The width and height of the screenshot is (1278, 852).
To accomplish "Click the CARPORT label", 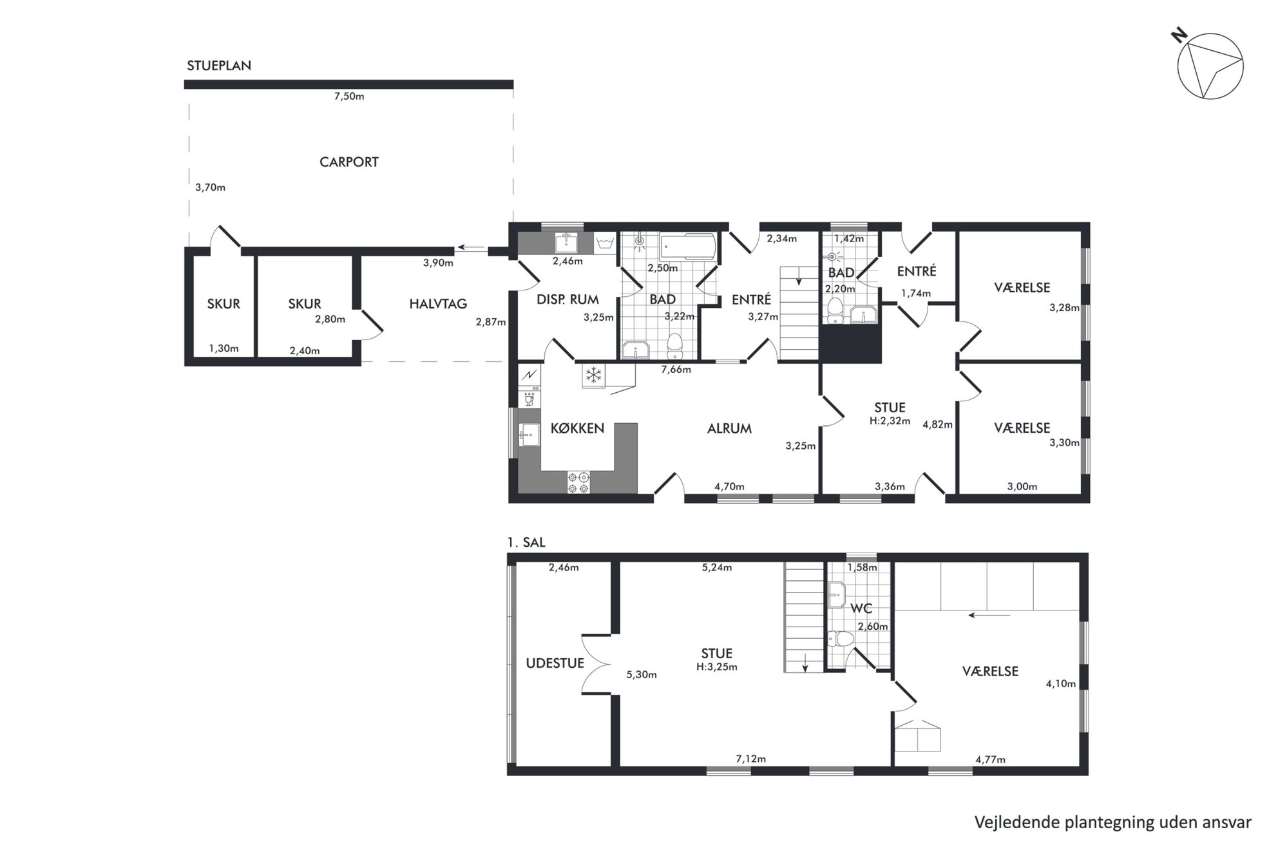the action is click(x=348, y=162).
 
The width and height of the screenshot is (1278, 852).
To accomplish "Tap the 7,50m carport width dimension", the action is click(x=349, y=97).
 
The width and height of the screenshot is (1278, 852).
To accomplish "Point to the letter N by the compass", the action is click(x=1179, y=35).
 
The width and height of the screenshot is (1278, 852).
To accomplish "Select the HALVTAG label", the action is click(x=438, y=304).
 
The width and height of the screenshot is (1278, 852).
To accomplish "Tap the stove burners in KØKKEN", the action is click(x=578, y=483).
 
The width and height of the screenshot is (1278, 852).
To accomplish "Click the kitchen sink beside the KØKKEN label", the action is click(x=529, y=435).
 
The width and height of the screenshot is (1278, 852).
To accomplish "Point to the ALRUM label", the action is click(x=729, y=429).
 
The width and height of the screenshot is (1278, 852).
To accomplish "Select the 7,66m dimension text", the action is click(x=676, y=370).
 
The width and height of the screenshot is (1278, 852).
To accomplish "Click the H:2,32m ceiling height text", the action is click(x=890, y=421).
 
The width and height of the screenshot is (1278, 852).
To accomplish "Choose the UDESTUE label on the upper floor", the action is click(x=555, y=663).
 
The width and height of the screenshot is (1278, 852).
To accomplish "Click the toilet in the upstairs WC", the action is click(x=841, y=639).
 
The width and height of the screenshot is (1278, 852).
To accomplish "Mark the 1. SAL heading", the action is click(x=526, y=543).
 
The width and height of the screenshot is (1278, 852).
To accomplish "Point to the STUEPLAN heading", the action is click(x=219, y=66).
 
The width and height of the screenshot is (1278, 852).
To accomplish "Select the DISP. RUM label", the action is click(x=567, y=299).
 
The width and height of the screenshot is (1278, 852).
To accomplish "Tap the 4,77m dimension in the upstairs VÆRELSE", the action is click(x=990, y=760).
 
